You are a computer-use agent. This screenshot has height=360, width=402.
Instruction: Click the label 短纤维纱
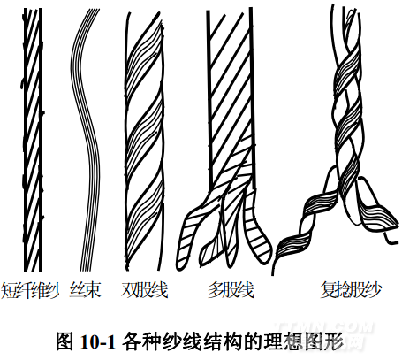(x=30, y=290)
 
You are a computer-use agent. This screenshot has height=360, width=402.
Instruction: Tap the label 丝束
(x=86, y=290)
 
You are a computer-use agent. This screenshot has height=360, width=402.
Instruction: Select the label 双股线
(x=144, y=290)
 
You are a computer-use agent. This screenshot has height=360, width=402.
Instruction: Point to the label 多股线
(x=231, y=290)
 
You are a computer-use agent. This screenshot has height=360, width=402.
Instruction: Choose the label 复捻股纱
(x=351, y=290)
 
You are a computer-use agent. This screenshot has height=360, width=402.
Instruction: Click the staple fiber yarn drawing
(x=33, y=140)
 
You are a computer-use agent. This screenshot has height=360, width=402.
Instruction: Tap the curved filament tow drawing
(x=86, y=140)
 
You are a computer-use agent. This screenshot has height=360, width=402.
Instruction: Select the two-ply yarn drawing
(x=144, y=141)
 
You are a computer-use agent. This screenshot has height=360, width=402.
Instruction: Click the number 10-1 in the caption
(x=97, y=341)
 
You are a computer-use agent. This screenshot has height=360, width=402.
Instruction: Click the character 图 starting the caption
(x=64, y=341)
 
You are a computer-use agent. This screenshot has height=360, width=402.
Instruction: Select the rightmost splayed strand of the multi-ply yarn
(x=257, y=227)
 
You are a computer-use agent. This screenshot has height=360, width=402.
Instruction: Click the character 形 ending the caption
(x=336, y=341)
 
